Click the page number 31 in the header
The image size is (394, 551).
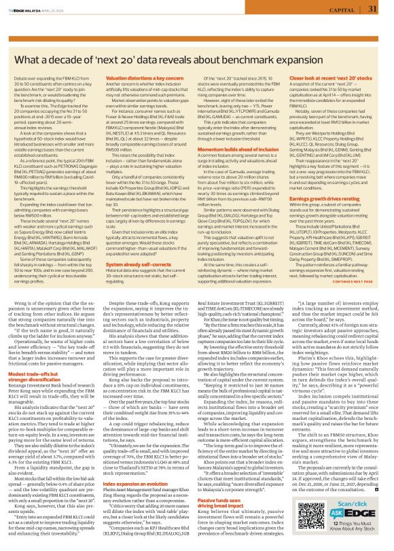(372, 9)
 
